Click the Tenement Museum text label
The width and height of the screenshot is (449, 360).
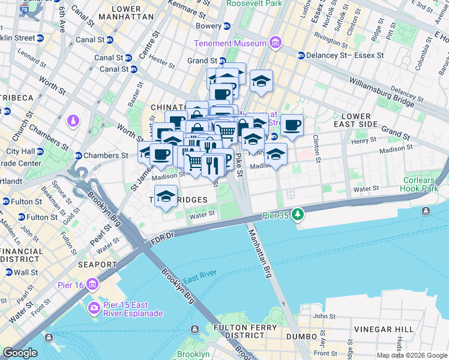coord(230,43)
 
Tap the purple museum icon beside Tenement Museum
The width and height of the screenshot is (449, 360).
coord(275,43)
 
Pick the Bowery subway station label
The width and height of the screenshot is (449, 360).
coord(209,26)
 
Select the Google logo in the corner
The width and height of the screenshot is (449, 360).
coord(20,353)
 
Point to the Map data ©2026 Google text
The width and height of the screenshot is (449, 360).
coord(411,355)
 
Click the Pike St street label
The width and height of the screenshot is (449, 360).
coord(238,164)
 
